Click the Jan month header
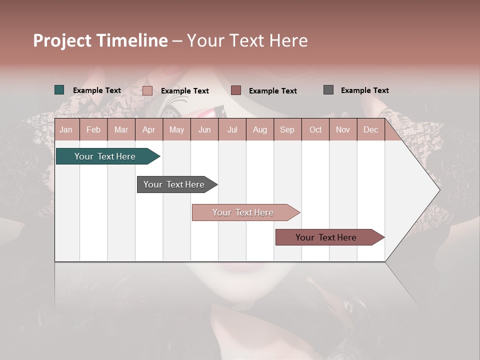[x=66, y=130]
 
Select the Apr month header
[x=148, y=130]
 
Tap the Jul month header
[x=232, y=130]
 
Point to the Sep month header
[x=287, y=130]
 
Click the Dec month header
[x=370, y=130]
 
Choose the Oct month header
[x=315, y=130]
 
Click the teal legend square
[x=59, y=90]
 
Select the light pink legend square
[x=147, y=90]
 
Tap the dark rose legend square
[x=236, y=90]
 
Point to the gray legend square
[x=328, y=90]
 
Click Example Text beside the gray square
[x=364, y=90]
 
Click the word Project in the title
[x=62, y=40]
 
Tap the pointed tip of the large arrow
[x=438, y=190]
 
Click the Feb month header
[x=93, y=130]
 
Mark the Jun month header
[x=204, y=130]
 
